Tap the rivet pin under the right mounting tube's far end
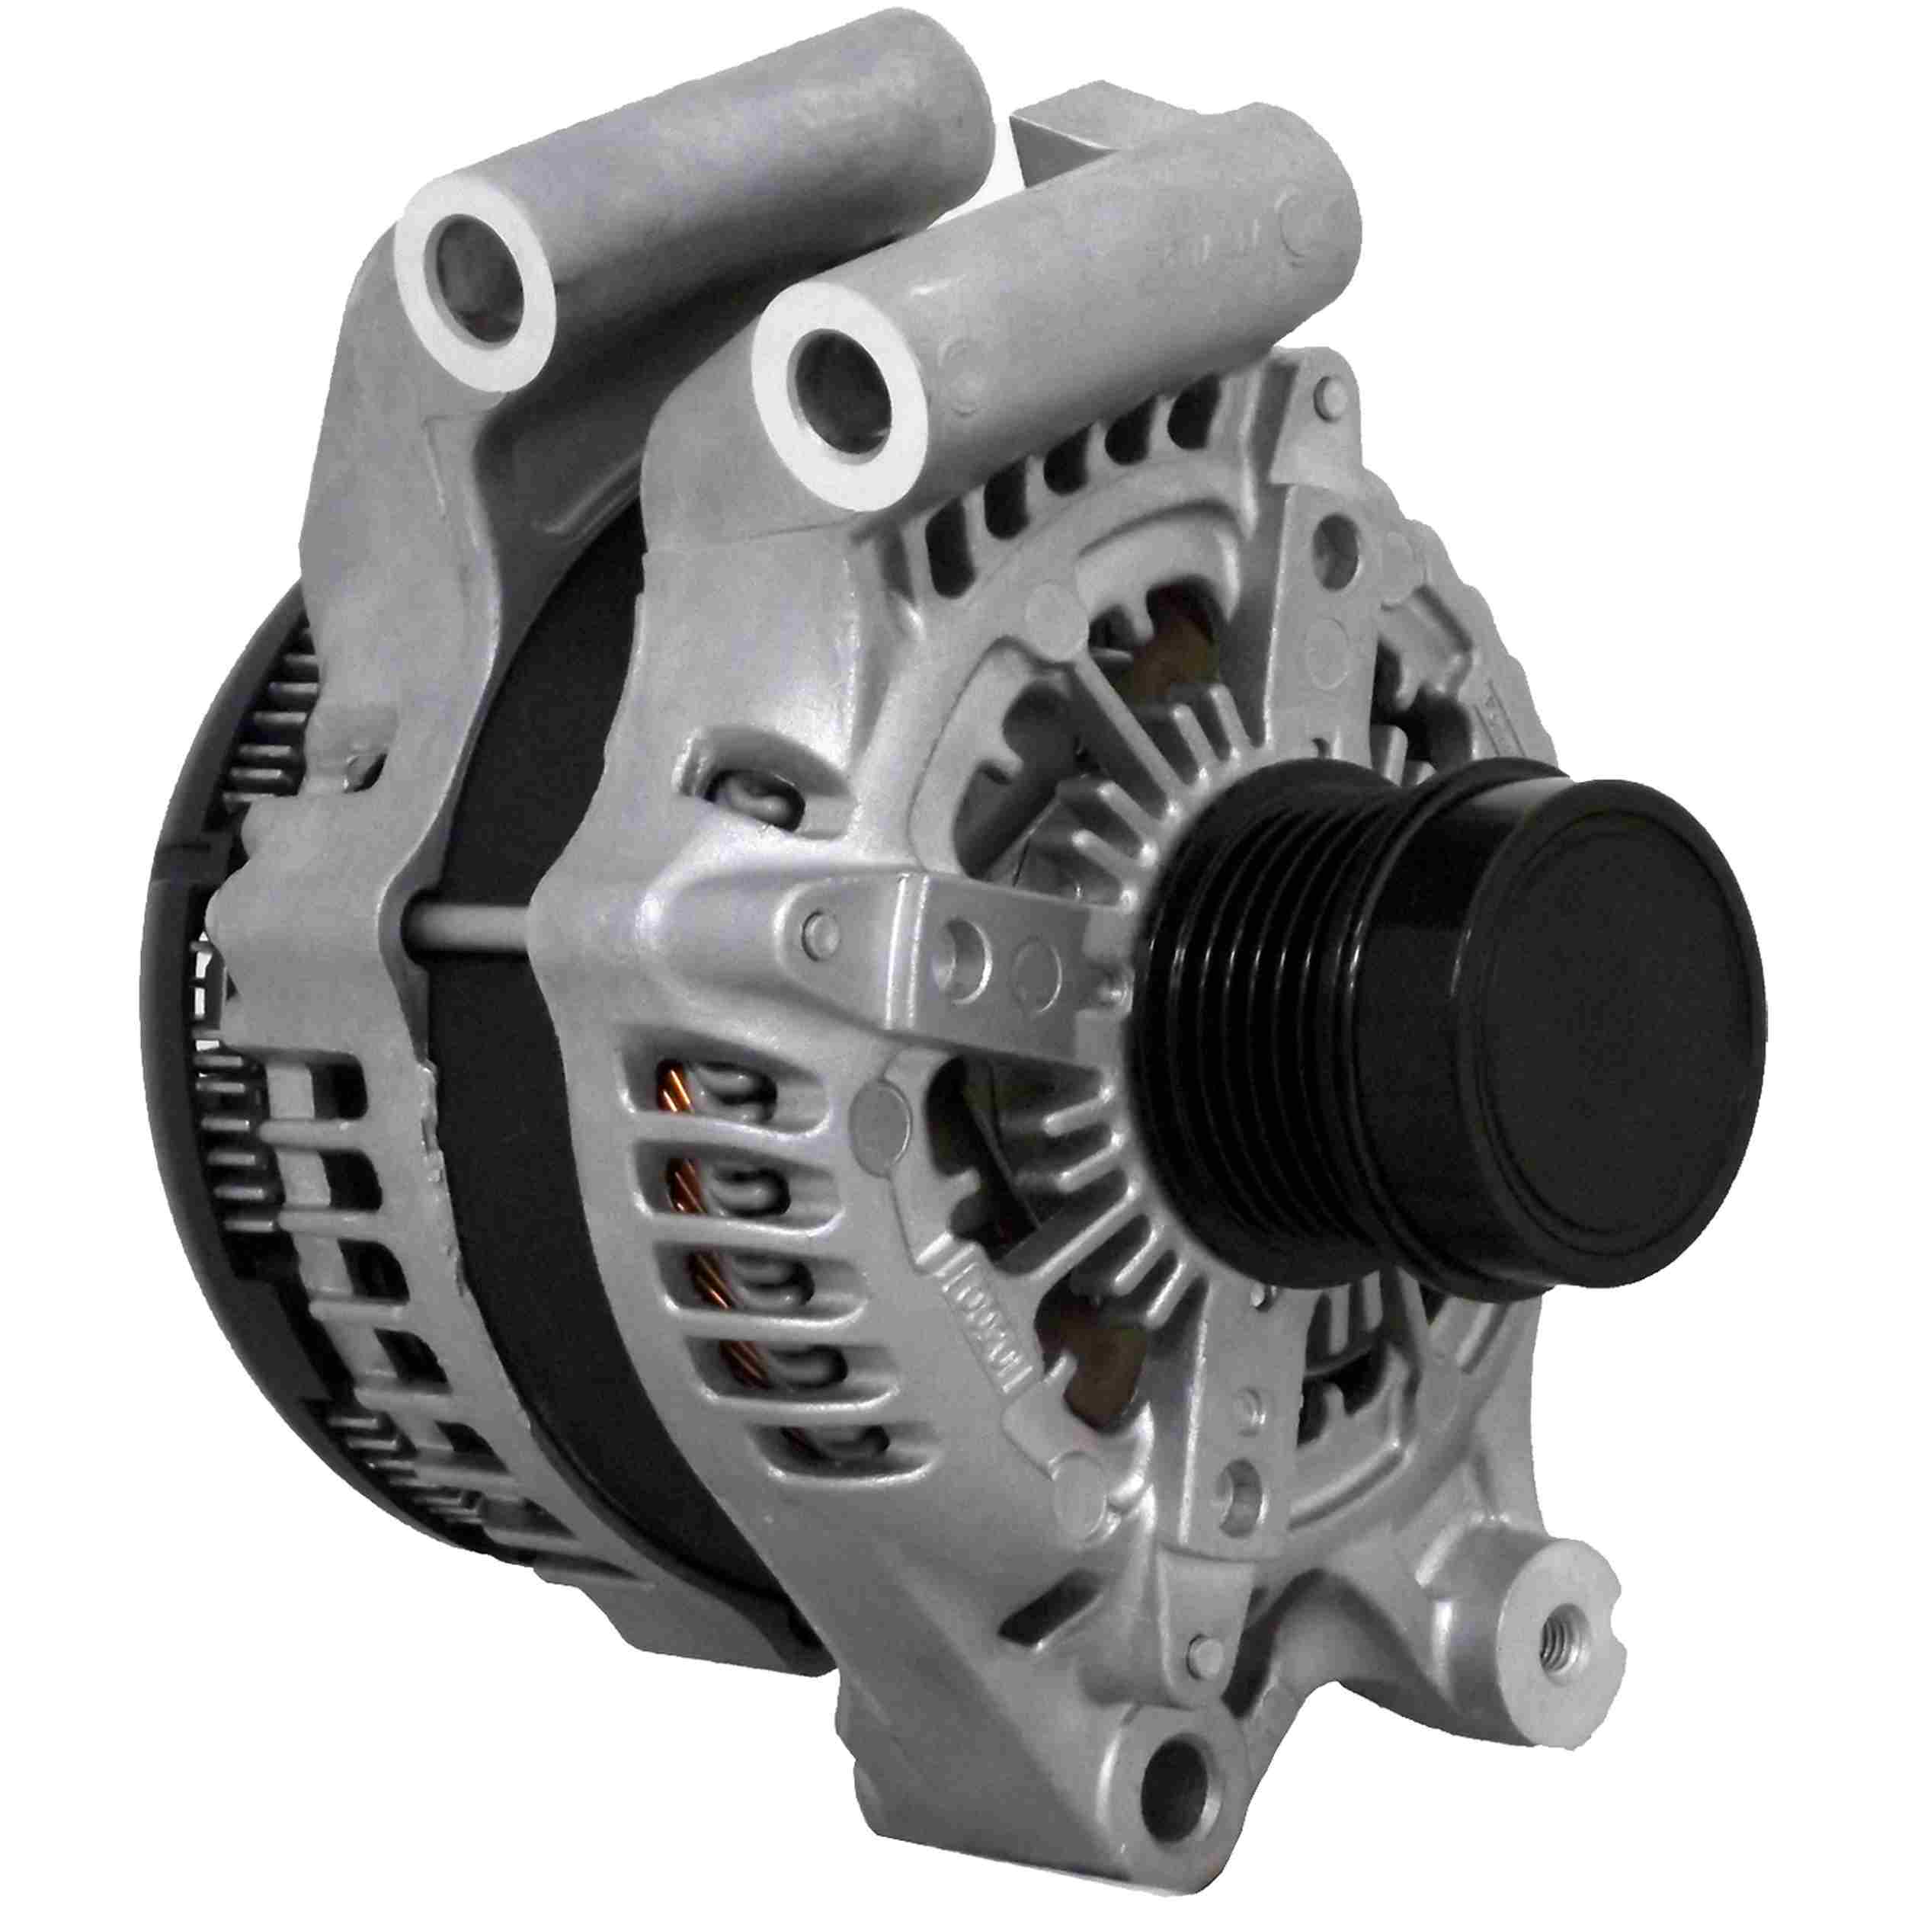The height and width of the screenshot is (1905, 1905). coord(1321,395)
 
